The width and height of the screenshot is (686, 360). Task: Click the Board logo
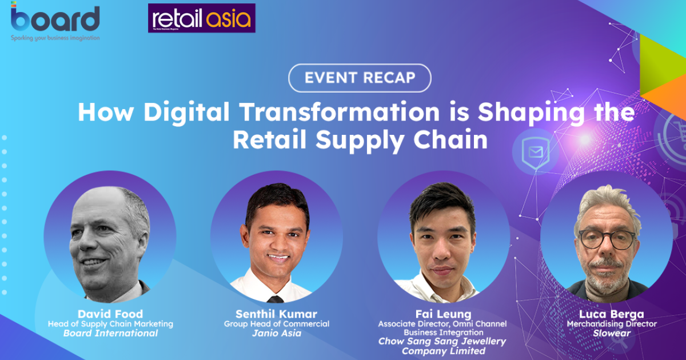click(55, 18)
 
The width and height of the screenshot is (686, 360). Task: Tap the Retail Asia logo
click(201, 18)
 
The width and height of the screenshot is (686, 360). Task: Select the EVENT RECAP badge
click(360, 78)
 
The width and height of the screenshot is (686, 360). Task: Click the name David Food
click(110, 314)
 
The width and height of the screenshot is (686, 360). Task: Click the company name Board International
click(110, 333)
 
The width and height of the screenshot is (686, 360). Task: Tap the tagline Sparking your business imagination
click(55, 38)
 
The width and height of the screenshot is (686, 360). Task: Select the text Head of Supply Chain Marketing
click(110, 324)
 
